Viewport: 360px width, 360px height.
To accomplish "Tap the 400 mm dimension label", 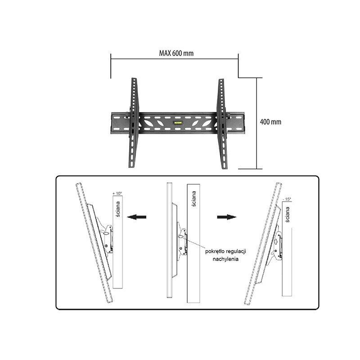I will click(271, 122).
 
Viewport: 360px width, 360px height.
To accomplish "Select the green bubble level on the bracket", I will click(178, 122).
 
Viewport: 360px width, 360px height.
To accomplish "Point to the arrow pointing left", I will click(137, 217).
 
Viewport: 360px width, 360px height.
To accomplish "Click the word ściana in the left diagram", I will click(117, 210).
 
